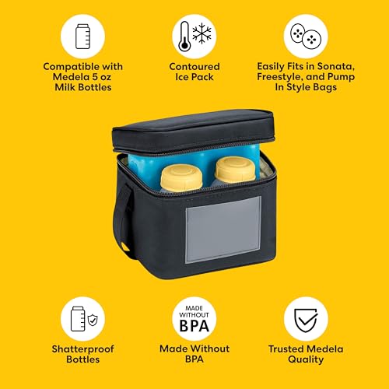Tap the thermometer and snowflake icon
tap(194, 37)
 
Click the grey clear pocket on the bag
tap(219, 222)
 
